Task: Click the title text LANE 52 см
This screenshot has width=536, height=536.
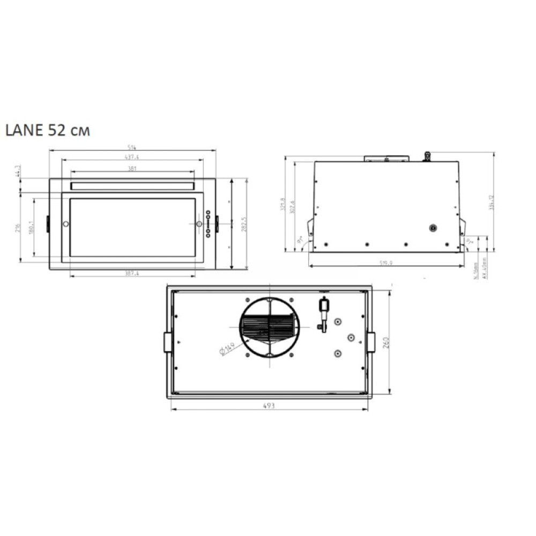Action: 48,131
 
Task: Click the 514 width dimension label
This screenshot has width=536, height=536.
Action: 132,147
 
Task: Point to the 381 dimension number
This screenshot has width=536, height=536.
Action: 132,168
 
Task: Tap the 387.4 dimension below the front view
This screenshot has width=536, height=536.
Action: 132,273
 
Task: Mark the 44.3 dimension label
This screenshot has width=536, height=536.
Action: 18,171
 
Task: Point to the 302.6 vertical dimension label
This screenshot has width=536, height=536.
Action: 292,207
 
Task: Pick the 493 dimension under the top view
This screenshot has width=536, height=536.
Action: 269,406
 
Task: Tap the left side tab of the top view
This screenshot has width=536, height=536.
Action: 168,342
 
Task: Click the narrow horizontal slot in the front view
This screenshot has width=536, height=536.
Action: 132,185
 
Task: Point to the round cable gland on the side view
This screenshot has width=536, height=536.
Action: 433,228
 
